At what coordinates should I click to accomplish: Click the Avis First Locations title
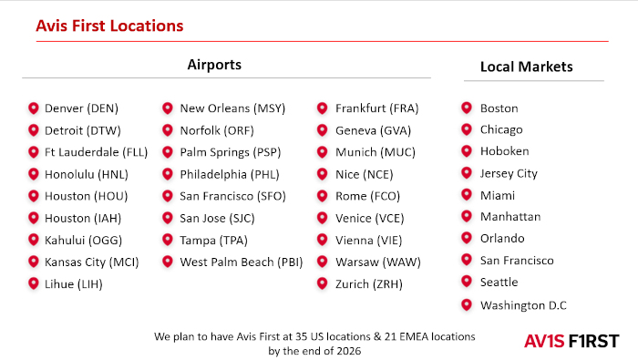[x=109, y=26]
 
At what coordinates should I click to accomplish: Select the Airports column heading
[x=214, y=65]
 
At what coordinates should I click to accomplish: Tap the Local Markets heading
[x=527, y=67]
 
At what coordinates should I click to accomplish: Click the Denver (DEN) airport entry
[x=81, y=108]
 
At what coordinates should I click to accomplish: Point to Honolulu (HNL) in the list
[x=87, y=174]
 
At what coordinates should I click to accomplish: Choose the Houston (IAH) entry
[x=83, y=219]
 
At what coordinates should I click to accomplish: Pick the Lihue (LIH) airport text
[x=74, y=284]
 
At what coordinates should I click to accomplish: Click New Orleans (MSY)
[x=232, y=108]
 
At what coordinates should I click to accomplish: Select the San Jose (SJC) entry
[x=217, y=219]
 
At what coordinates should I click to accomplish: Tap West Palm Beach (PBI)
[x=242, y=262]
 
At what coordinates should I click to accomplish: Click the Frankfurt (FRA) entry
[x=376, y=108]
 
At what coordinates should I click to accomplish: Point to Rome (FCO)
[x=367, y=197]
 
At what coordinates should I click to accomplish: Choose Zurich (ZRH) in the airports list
[x=368, y=284]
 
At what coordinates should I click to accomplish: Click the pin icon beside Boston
[x=467, y=108]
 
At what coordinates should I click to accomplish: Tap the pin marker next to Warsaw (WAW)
[x=323, y=262]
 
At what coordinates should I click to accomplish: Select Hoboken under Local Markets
[x=505, y=151]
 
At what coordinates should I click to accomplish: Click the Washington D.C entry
[x=523, y=305]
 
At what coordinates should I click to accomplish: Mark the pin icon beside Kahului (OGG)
[x=34, y=240]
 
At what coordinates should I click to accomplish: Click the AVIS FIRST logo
[x=571, y=341]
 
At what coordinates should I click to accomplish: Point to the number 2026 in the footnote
[x=348, y=351]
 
